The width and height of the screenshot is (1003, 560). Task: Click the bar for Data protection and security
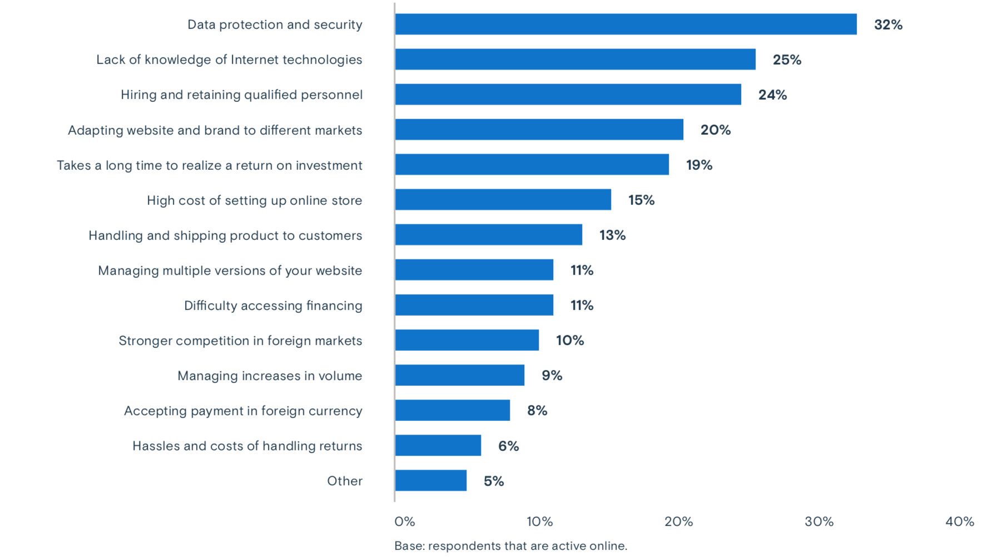[x=625, y=24]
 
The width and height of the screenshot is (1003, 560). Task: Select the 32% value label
[x=888, y=24]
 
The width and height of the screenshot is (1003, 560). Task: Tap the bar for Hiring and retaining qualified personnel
[x=568, y=95]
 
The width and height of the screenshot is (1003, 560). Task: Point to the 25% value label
[x=787, y=60]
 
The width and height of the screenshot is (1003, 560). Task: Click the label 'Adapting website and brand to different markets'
[x=215, y=130]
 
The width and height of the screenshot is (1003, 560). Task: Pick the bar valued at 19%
[x=532, y=165]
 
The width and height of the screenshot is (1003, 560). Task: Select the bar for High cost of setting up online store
[x=503, y=200]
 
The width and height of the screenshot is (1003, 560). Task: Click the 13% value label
[x=612, y=235]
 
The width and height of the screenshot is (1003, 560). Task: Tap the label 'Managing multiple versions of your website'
[x=230, y=271]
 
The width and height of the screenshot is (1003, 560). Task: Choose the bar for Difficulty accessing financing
[x=474, y=305]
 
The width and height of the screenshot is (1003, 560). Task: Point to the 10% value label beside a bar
[x=570, y=340]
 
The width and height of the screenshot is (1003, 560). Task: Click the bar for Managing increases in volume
[x=459, y=375]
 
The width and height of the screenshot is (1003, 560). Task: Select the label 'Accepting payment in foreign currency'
[x=243, y=411]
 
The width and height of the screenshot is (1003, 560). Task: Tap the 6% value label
[x=508, y=446]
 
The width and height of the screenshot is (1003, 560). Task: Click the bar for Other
[x=430, y=480]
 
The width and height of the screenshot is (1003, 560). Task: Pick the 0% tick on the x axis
[x=404, y=522]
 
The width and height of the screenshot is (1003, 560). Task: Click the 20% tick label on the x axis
[x=678, y=522]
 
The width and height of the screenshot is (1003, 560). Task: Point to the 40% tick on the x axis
[x=960, y=522]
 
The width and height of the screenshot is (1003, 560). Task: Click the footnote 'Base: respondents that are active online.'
[x=510, y=546]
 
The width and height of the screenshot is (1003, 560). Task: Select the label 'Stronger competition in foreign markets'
[x=240, y=341]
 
